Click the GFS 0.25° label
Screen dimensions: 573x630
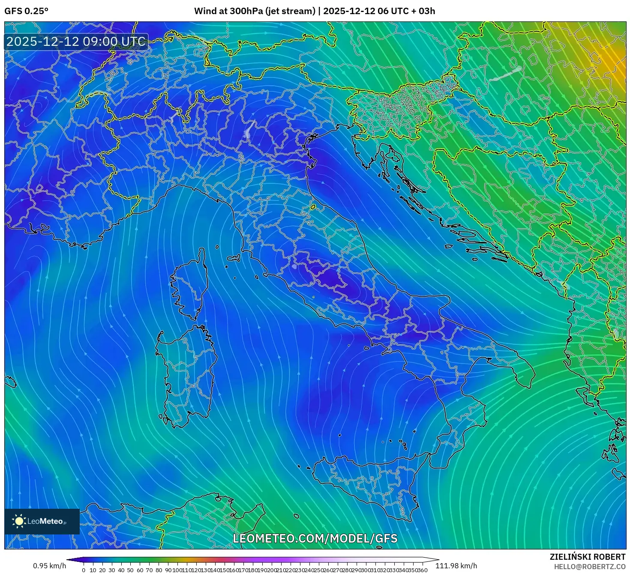(26, 11)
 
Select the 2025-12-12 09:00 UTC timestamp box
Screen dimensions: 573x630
(76, 42)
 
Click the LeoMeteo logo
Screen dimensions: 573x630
(42, 521)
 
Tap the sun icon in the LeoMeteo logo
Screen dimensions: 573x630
(19, 521)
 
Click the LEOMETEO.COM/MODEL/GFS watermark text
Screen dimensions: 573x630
(315, 538)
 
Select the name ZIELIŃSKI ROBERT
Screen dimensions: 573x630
(588, 557)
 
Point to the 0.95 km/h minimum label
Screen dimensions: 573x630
(50, 566)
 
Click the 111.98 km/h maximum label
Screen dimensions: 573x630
(456, 566)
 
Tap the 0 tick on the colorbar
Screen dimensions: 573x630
(84, 570)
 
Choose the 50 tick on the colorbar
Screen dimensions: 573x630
(130, 570)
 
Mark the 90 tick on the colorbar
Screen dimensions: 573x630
(168, 570)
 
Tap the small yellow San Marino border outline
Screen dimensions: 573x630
(313, 207)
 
